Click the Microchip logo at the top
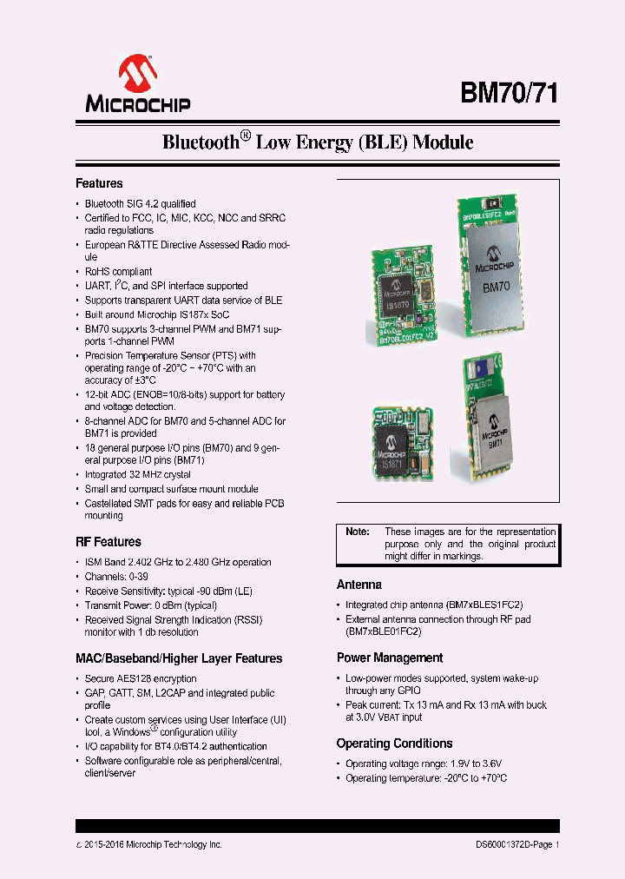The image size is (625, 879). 137,85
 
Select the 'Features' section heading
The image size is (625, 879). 99,183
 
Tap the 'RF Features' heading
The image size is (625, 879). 109,542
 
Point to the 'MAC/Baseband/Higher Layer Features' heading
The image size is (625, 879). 179,658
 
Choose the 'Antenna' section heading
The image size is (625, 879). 359,585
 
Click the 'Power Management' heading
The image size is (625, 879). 390,658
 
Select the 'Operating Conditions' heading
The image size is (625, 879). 395,744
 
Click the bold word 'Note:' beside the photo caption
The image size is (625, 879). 358,532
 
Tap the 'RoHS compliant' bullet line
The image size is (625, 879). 118,272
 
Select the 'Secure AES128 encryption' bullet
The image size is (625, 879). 141,678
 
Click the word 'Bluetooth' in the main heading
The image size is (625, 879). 201,142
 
